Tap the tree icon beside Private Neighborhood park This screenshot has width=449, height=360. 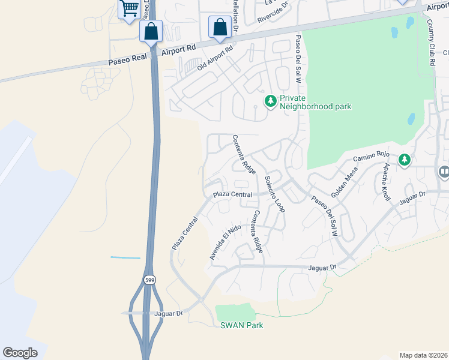271,101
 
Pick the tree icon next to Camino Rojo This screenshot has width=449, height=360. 405,160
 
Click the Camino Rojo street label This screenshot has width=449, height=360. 368,157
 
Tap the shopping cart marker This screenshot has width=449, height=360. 128,9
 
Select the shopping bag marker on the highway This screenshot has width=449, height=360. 151,31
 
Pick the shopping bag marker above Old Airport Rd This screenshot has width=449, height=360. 220,26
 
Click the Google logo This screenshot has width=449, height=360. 20,353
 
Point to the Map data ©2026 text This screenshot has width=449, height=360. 423,355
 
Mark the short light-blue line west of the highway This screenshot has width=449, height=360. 125,258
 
